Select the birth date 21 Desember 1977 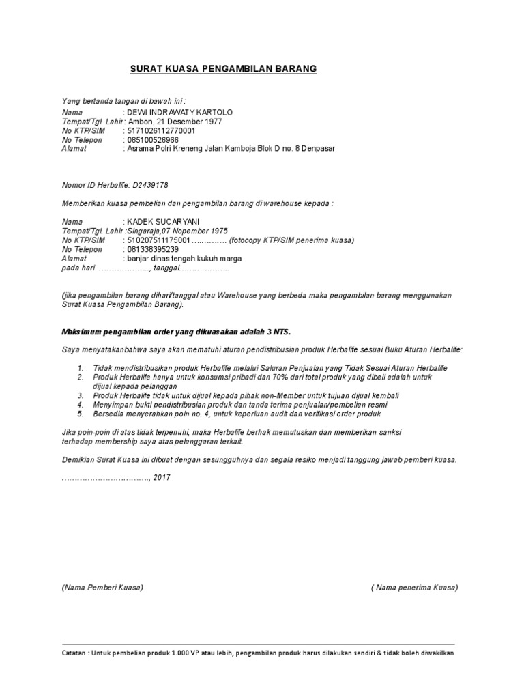(x=187, y=122)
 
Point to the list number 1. (x=81, y=368)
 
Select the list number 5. (x=81, y=414)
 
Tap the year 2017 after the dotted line (x=162, y=478)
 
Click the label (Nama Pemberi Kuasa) (x=102, y=587)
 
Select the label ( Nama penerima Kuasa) (x=415, y=587)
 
